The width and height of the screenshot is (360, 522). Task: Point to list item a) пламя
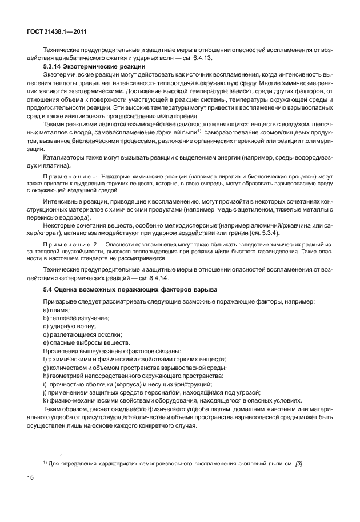[x=57, y=309]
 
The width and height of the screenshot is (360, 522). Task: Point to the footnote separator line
[x=49, y=439]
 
